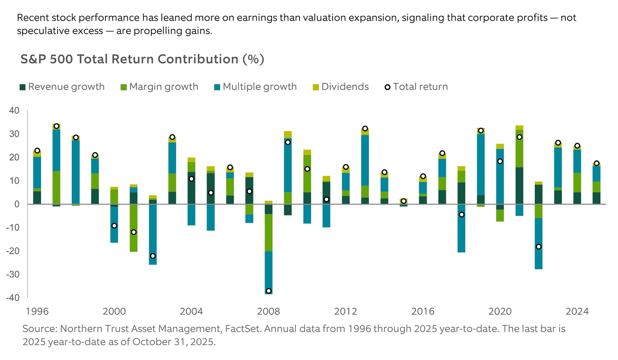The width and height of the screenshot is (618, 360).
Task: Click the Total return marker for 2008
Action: coord(269,291)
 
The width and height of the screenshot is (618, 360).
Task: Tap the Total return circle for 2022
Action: coord(539,247)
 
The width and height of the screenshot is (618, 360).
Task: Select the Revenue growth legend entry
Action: coord(62,87)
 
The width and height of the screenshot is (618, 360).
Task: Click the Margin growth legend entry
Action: coord(160,87)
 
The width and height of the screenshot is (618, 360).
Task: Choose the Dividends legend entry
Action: coord(341,87)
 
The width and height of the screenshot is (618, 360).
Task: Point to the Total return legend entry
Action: coord(416,87)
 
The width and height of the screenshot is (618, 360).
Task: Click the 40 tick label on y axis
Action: coord(14,110)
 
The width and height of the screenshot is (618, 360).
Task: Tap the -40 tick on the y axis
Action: coord(13,298)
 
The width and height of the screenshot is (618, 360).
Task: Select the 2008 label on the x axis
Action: coord(268,311)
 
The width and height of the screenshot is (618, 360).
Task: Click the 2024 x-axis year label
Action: coord(577,311)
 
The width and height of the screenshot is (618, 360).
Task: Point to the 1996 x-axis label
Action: coord(37,311)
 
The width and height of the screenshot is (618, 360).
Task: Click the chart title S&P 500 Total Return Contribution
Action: coord(142,59)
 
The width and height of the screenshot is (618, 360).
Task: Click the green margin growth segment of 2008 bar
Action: coord(269,232)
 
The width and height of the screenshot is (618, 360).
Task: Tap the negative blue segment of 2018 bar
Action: coord(461,232)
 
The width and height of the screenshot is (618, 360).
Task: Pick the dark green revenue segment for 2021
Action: coord(519,185)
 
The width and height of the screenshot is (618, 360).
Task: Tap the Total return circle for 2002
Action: coord(153,256)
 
